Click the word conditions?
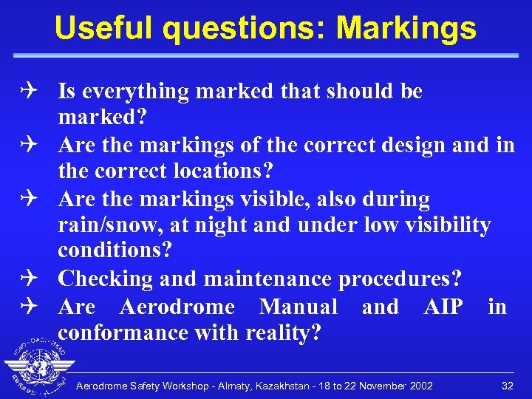(115, 251)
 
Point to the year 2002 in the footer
(420, 386)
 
